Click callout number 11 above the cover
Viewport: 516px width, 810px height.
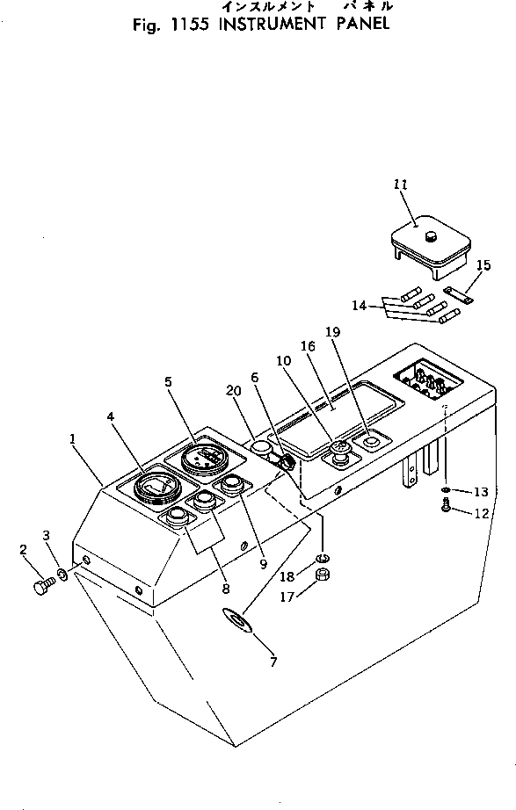coord(401,184)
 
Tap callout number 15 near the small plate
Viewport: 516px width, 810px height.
coord(483,265)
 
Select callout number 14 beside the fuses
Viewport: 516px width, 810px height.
coord(359,306)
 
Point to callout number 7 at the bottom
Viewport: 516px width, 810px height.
coord(273,662)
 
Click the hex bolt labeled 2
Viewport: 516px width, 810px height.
coord(43,587)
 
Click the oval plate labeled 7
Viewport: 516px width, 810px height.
coord(237,619)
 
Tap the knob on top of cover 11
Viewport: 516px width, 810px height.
coord(430,236)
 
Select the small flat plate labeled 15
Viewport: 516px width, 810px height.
coord(458,295)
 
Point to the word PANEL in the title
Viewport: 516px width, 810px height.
coord(363,24)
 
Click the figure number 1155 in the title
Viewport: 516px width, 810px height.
coord(189,25)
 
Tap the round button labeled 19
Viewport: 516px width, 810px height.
coord(370,442)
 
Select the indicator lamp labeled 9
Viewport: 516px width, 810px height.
coord(232,483)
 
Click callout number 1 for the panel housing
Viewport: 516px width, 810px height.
coord(72,438)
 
